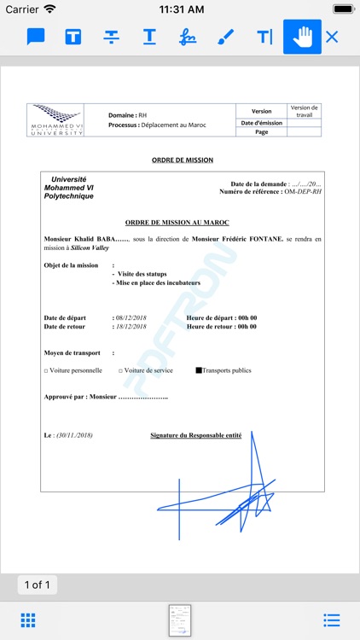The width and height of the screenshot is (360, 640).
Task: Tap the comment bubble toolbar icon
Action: pos(36,37)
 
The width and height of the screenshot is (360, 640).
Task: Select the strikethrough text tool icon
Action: pos(112,37)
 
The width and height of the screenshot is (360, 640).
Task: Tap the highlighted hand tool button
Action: pos(302,37)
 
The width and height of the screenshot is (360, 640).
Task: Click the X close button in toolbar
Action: pos(332,37)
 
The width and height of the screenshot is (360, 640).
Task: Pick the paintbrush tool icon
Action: pos(225,37)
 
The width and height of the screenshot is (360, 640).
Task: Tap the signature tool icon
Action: pos(187,37)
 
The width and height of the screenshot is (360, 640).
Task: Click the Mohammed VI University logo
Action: pos(56,120)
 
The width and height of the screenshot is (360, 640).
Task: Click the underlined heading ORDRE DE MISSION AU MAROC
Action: pos(183,222)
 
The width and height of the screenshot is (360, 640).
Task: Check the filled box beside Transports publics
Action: pos(199,370)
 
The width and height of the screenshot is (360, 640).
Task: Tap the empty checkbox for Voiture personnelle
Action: pos(46,371)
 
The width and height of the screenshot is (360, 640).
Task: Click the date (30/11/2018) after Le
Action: pos(74,435)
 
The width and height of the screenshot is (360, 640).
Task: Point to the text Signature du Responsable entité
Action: pos(195,435)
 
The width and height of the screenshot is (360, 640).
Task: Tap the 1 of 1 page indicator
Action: pos(38,585)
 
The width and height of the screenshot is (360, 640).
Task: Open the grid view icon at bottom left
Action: pos(27,620)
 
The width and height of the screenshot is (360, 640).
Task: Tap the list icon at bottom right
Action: pos(332,620)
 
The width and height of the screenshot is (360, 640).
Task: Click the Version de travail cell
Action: pos(304,111)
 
